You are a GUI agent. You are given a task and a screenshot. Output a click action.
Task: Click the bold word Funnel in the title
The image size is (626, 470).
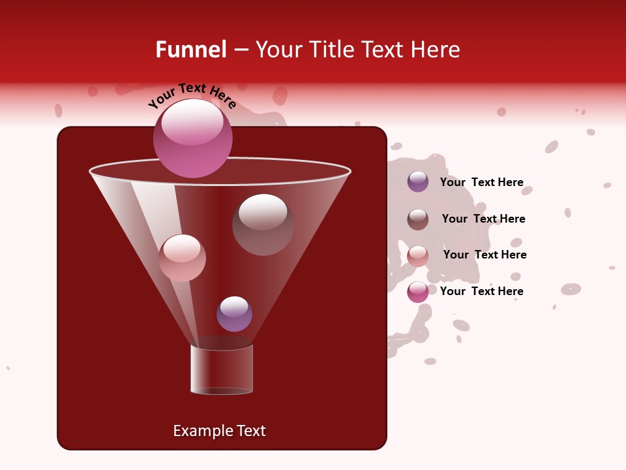191,50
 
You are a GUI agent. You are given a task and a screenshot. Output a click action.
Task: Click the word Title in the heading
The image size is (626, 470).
331,50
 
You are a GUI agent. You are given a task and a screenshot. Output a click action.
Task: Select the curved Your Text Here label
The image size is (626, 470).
192,95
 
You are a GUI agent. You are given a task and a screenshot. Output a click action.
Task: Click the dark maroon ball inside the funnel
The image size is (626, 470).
263,225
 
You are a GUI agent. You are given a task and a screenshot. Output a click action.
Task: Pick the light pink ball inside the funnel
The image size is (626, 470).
182,258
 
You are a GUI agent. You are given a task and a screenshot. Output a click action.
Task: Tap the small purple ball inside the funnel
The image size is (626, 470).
234,314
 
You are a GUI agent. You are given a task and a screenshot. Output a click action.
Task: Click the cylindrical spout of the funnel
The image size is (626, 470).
222,369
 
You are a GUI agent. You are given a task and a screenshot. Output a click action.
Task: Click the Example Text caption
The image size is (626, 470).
219,431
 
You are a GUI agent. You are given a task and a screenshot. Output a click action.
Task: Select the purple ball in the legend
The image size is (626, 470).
418,182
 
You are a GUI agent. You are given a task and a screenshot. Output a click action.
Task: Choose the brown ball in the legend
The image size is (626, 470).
418,219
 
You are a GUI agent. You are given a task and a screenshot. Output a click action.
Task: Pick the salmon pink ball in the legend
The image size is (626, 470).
418,256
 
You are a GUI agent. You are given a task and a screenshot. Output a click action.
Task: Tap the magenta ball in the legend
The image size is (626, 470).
418,292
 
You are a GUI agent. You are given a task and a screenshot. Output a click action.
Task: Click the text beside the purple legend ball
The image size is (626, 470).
481,182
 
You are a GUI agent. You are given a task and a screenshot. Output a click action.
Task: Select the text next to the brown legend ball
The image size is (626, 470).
483,219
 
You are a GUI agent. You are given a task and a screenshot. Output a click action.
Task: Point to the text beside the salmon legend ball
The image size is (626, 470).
484,255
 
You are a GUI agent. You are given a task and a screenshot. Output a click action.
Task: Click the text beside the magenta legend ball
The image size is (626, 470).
481,291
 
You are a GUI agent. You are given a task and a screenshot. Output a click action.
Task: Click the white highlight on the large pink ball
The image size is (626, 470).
192,122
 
